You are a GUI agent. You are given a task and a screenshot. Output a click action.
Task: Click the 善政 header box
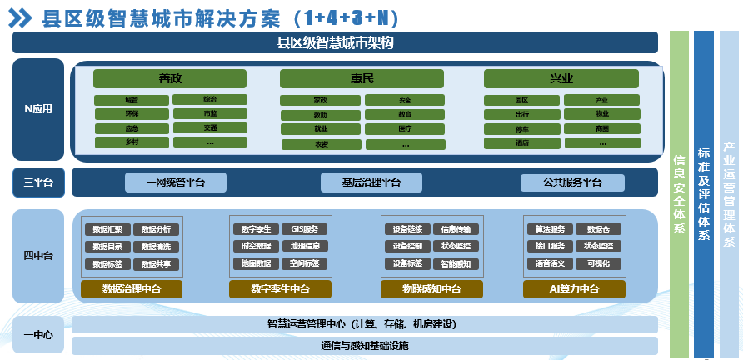pos(170,78)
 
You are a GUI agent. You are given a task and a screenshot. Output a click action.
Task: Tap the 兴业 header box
pos(561,78)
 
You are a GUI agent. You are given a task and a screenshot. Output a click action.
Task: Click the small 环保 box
pos(132,113)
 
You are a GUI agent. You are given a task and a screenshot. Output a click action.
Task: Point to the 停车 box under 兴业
pos(521,129)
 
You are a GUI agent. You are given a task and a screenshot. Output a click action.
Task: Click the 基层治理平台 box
pos(371,182)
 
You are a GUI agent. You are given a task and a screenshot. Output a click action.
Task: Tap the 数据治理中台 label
pos(132,289)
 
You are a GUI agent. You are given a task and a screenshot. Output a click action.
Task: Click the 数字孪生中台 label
pos(280,289)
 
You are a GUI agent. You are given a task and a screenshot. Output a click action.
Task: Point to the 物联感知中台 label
pos(431,289)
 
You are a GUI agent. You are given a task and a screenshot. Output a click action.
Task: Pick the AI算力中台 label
pos(575,289)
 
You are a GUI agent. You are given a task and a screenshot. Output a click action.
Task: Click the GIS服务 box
pos(304,229)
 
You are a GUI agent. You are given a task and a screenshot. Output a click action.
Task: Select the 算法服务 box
pos(550,229)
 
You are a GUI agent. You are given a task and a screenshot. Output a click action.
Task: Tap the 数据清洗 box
pos(156,247)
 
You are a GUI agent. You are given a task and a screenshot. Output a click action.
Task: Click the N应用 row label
pos(38,109)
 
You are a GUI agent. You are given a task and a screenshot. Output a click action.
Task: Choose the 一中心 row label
pos(38,335)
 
